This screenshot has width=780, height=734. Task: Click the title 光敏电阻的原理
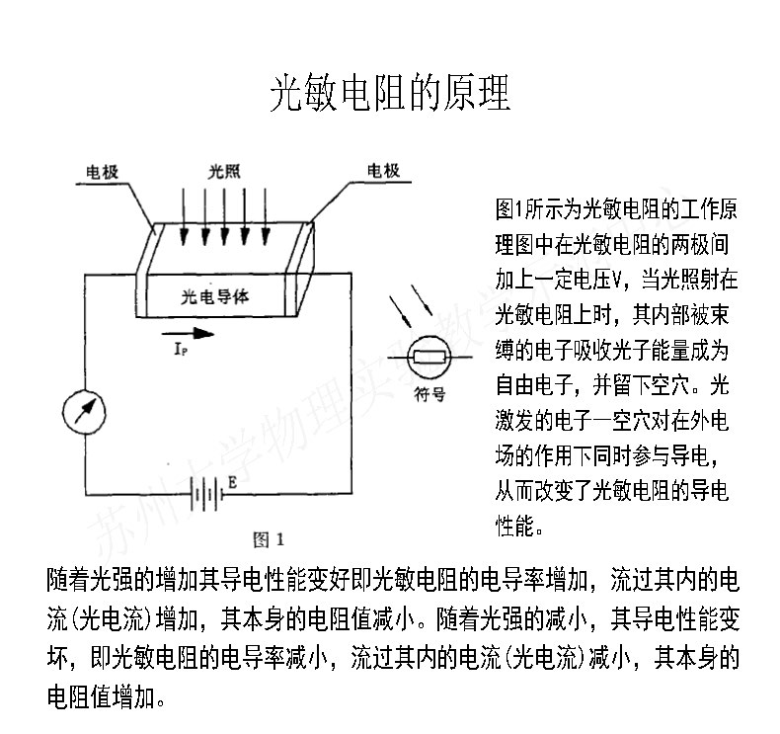(x=390, y=96)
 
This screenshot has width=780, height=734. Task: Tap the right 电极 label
(x=383, y=171)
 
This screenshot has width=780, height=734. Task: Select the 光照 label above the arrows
(x=224, y=171)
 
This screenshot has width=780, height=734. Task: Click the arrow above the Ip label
(x=185, y=333)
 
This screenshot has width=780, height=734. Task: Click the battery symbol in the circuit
(x=203, y=493)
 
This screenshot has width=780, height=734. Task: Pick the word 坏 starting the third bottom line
(x=57, y=659)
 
